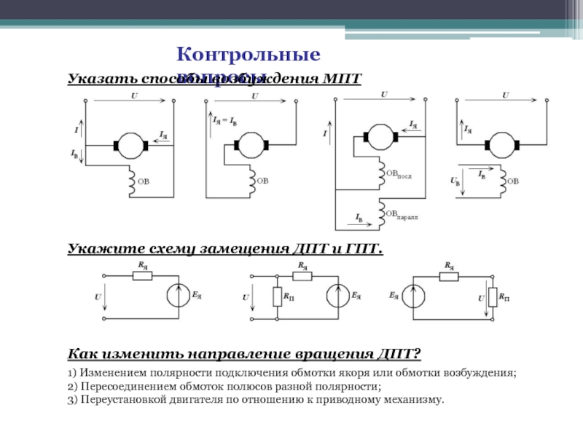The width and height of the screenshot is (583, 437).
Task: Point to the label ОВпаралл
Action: [x=404, y=214]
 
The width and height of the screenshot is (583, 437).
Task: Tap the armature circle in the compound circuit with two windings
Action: [x=377, y=135]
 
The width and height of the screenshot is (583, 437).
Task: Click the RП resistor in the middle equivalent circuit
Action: [x=277, y=297]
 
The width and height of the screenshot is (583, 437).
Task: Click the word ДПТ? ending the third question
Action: [x=400, y=354]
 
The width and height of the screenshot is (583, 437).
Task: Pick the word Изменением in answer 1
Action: [x=113, y=373]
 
